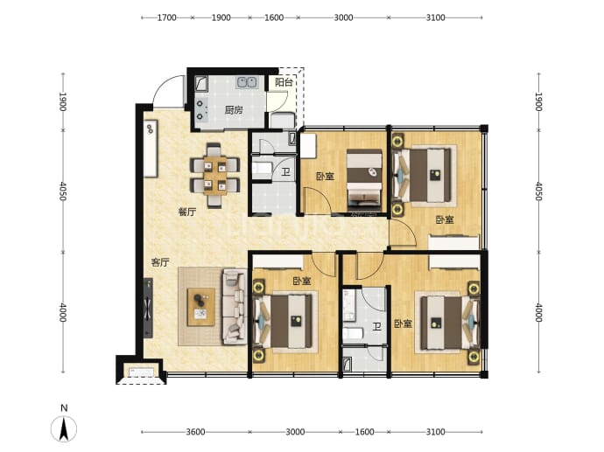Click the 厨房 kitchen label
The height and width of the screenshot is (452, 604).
point(234,110)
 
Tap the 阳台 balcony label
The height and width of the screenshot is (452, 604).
point(284,82)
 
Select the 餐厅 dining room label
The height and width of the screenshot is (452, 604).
point(187,212)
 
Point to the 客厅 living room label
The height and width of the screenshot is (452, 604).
point(160,262)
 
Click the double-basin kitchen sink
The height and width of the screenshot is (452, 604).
point(247,82)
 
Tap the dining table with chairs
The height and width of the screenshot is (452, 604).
point(215,175)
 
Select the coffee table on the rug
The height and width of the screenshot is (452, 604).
point(200,307)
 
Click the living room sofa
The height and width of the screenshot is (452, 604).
point(234,306)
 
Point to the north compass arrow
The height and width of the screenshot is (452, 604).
point(64,428)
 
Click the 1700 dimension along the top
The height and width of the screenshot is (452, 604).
point(167,17)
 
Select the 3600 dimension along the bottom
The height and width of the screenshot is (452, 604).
point(195,432)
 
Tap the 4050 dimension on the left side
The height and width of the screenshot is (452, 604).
point(63,191)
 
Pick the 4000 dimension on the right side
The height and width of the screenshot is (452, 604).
point(538,312)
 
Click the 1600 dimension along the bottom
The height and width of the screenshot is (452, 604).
point(364,432)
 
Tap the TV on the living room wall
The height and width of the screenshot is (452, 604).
point(148,308)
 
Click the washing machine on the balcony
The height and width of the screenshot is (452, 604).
point(283,120)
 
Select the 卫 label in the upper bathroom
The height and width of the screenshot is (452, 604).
point(285,171)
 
